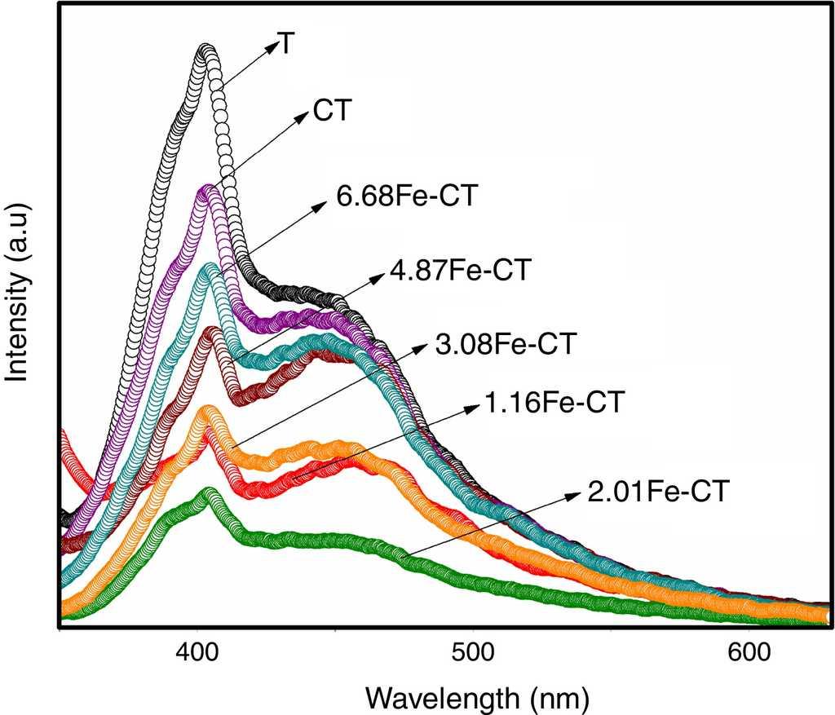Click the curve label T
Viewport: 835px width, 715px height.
point(286,44)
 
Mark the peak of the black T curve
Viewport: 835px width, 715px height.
point(207,51)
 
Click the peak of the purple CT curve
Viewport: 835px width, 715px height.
point(207,191)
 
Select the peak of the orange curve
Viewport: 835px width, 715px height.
point(208,410)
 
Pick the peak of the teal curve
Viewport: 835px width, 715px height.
point(209,267)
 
